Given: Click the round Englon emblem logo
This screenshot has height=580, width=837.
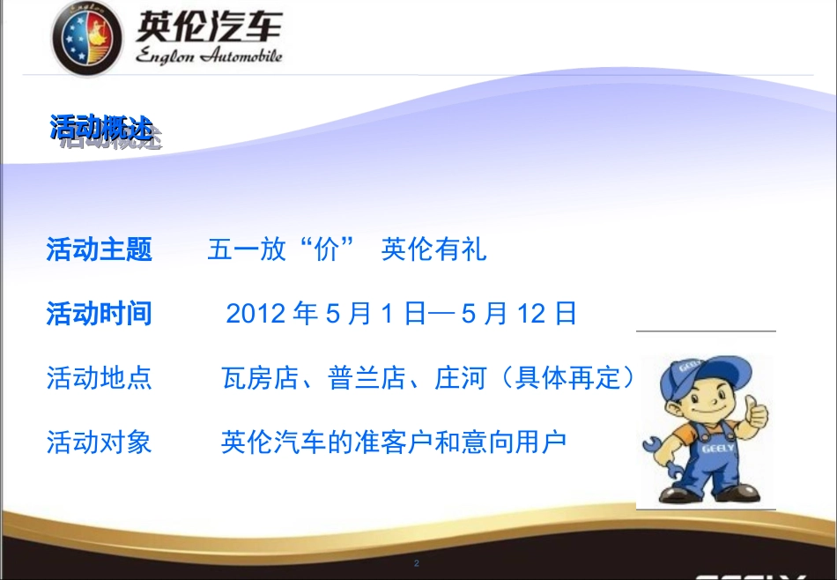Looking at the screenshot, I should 88,38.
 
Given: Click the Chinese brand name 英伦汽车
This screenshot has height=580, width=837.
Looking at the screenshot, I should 208,26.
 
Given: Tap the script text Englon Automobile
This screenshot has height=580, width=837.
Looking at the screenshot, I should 208,56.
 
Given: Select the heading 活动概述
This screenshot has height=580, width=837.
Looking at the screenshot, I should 100,128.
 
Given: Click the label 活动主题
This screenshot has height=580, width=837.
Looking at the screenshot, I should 99,249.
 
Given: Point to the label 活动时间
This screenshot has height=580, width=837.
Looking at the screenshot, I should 99,313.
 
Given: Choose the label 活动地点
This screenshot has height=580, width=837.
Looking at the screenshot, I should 99,378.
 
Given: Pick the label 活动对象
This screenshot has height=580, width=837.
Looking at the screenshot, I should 99,442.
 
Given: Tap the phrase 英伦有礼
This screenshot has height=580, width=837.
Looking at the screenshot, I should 433,249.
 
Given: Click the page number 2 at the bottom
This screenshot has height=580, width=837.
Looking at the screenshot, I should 417,563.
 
